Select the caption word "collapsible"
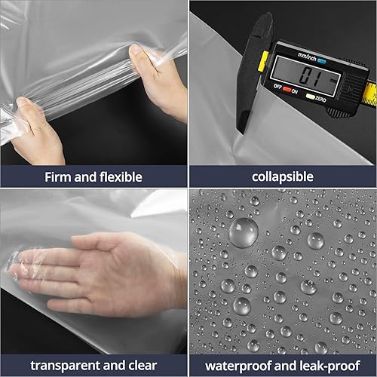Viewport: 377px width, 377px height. (x=283, y=177)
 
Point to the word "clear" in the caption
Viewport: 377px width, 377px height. (x=143, y=366)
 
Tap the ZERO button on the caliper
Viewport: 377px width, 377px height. (x=310, y=97)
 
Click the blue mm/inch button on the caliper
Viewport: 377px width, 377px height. (x=322, y=61)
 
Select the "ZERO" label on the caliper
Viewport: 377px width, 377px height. (x=320, y=99)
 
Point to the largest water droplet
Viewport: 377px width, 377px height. (x=244, y=233)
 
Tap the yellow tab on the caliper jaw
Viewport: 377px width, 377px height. (x=262, y=60)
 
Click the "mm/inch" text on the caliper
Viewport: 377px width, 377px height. (x=307, y=57)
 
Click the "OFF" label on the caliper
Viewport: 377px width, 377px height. (x=277, y=87)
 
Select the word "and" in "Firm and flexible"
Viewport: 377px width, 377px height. (x=85, y=177)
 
